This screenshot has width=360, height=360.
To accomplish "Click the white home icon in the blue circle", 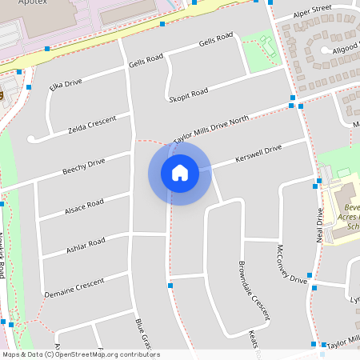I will [x=180, y=173].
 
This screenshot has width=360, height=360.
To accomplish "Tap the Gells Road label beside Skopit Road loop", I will [x=215, y=38].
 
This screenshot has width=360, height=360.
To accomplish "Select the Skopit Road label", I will [x=189, y=94].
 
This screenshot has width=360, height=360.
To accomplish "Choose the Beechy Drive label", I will [x=83, y=166].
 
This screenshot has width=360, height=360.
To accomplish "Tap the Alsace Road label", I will [x=83, y=207].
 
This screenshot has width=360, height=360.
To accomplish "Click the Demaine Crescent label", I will [x=74, y=285].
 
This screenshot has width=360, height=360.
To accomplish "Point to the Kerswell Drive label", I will [x=259, y=151].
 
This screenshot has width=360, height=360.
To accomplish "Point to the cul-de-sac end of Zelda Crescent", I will [x=32, y=139].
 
